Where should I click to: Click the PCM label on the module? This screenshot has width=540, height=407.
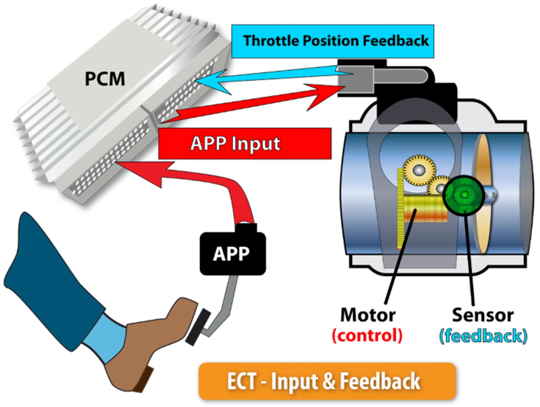click(105, 79)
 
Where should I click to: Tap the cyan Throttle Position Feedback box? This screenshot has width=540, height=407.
click(333, 41)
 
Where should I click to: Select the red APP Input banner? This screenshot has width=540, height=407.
click(244, 143)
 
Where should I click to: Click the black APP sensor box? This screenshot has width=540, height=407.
click(232, 254)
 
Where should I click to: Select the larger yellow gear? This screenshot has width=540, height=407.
click(419, 170)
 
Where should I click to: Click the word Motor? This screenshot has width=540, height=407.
click(368, 315)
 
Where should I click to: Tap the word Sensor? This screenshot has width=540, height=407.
click(483, 315)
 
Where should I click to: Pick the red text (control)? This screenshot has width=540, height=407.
click(367, 335)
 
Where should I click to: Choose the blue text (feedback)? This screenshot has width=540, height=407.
click(483, 336)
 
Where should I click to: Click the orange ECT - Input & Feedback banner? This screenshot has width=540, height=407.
click(327, 381)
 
